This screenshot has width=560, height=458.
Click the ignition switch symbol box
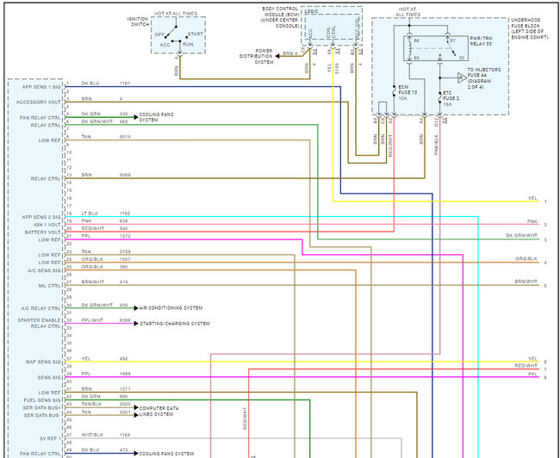[179, 36]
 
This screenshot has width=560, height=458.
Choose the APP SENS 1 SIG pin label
[40, 86]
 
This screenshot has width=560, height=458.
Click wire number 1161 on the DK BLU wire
[124, 84]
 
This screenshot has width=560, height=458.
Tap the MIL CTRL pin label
[48, 285]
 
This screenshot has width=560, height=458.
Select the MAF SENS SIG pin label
[42, 362]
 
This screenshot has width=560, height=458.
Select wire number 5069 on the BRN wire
[124, 175]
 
